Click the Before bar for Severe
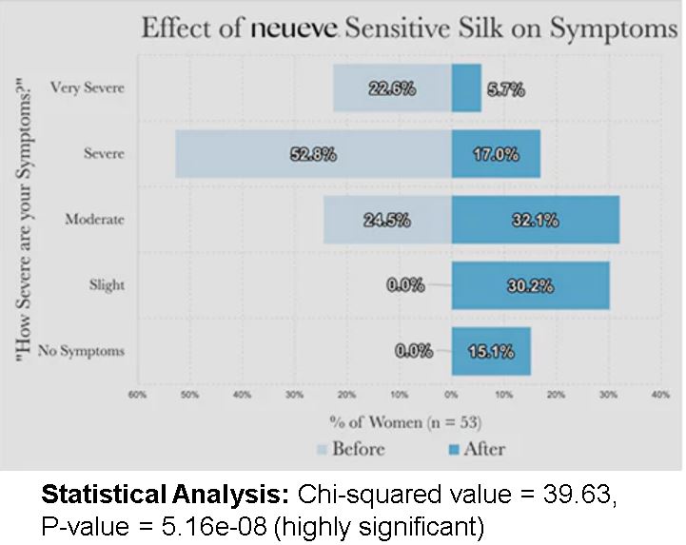(x=238, y=154)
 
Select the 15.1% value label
(x=491, y=351)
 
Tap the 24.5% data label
(x=386, y=220)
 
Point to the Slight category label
(x=108, y=285)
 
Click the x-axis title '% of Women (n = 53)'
(x=404, y=420)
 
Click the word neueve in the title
(x=294, y=28)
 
